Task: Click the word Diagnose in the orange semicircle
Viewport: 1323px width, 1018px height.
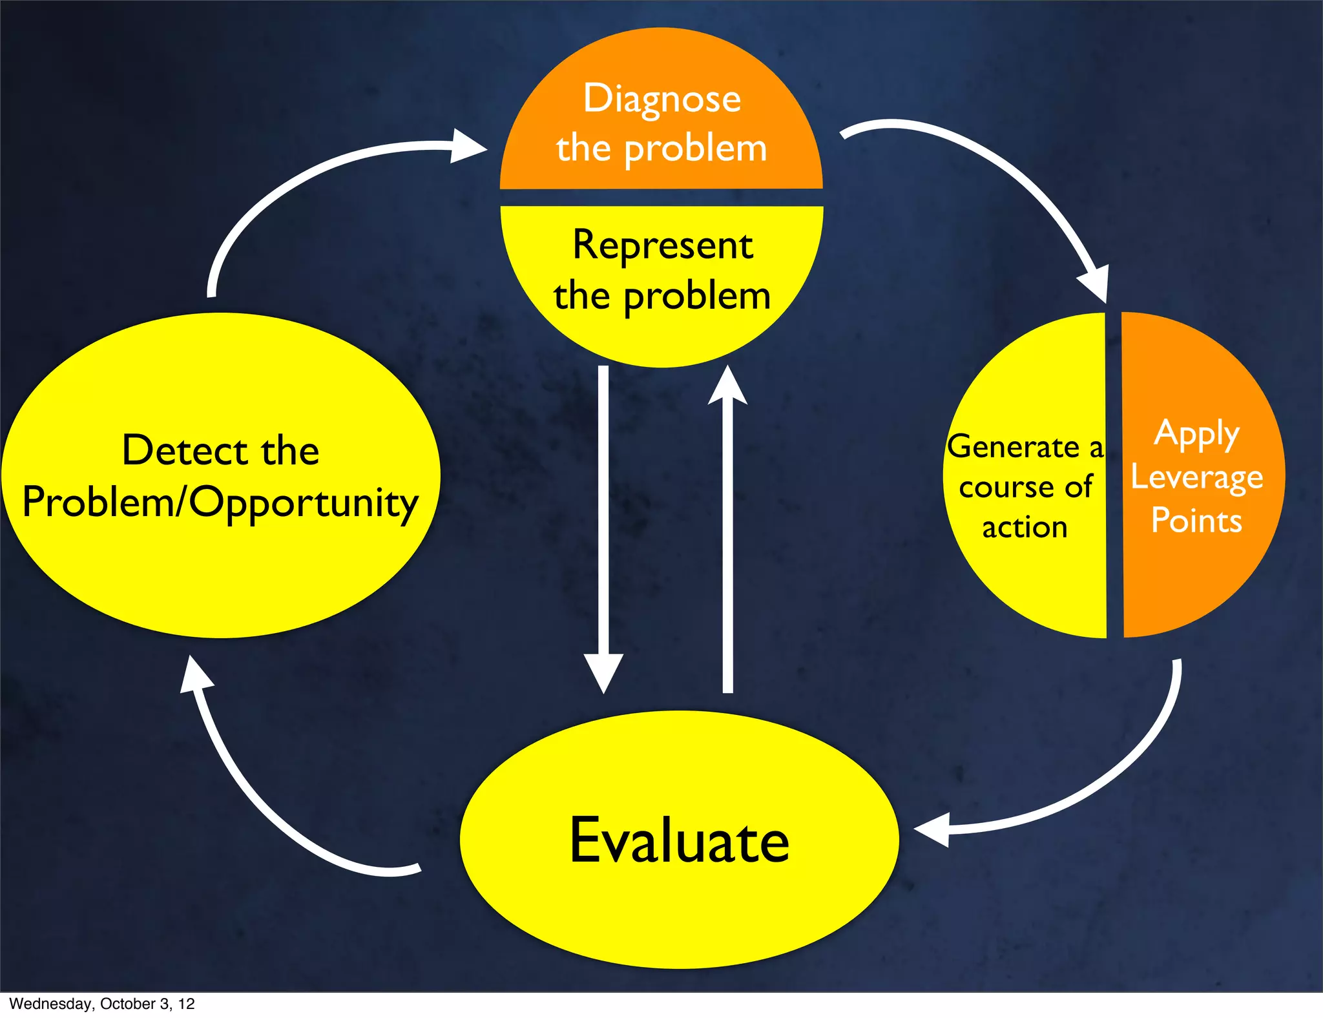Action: (x=662, y=99)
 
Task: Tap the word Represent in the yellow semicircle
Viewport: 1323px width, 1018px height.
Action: (x=663, y=245)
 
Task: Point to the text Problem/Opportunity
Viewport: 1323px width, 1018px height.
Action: (x=220, y=503)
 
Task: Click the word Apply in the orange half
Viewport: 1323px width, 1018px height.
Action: (x=1196, y=433)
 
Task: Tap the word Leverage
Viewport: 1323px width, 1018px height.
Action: (x=1196, y=478)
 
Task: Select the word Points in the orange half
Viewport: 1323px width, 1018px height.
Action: (x=1196, y=521)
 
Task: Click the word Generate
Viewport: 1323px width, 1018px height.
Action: (x=1013, y=447)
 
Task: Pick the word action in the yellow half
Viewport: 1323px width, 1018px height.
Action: (x=1025, y=528)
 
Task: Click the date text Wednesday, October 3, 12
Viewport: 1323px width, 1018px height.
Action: (x=102, y=1004)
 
